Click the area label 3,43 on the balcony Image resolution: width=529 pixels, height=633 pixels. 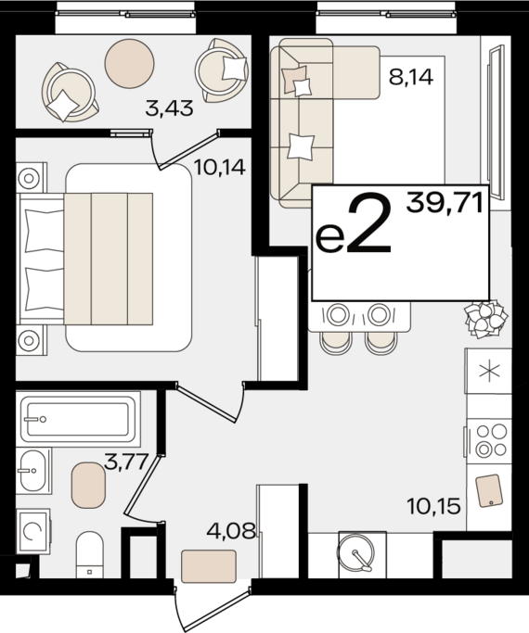169,108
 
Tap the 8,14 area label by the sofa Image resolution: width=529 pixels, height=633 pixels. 411,76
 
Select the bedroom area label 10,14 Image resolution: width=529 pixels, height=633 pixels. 220,167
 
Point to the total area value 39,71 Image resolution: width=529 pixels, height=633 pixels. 445,203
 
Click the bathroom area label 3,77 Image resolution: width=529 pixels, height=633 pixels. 125,462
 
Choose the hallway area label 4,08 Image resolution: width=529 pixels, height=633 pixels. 231,530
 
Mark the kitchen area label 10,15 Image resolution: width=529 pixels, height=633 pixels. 434,506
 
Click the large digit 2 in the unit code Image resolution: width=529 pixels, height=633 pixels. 369,226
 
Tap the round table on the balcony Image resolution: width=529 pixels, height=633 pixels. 129,63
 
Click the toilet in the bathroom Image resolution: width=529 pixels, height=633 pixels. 90,554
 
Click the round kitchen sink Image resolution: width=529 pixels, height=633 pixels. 356,552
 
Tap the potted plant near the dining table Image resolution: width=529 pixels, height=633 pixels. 485,319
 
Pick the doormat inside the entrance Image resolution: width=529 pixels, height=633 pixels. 209,566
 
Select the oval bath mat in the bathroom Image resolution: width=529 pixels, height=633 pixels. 88,485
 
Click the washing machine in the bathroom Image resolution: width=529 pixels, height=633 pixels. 33,531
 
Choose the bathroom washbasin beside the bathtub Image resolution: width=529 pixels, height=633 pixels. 33,471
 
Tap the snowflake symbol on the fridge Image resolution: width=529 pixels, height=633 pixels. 489,371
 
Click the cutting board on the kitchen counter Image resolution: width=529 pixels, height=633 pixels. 489,490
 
